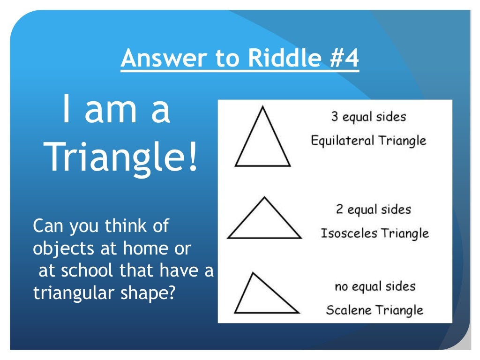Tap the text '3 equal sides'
click(x=368, y=117)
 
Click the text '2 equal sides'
click(x=373, y=209)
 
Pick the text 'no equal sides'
click(x=375, y=286)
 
